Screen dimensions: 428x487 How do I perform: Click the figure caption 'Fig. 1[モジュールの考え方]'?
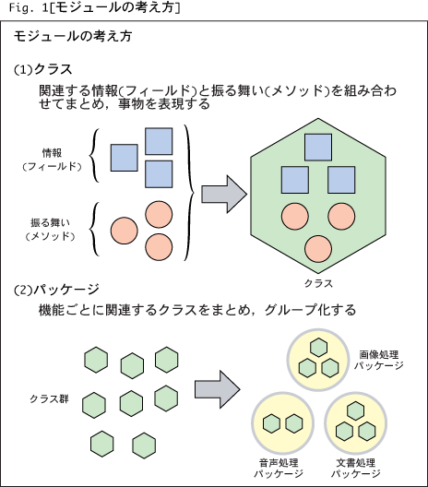pos(94,7)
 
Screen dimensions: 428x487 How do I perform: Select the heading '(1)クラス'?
pos(43,69)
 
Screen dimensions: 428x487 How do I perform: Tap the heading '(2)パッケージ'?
pos(56,290)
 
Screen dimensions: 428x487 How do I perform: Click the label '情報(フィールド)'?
pos(52,160)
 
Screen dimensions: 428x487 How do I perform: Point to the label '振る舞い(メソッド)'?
pos(51,230)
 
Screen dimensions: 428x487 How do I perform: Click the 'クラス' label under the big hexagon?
pos(318,283)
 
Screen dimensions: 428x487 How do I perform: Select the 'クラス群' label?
pos(49,398)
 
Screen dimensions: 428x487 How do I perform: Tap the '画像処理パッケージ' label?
pos(378,360)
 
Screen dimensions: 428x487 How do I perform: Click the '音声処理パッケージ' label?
pos(279,468)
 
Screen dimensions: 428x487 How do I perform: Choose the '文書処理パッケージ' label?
pos(356,468)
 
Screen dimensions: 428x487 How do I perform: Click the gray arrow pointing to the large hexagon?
pos(224,194)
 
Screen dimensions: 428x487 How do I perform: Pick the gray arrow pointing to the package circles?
pos(218,389)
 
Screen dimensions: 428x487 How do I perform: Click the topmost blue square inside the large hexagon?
pos(318,148)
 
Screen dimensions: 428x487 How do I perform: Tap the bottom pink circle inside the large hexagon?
pos(318,249)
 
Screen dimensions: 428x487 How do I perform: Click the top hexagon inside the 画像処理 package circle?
pos(318,348)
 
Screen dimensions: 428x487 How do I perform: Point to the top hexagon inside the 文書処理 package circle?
pos(356,410)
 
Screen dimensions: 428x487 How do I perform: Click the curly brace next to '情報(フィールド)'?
pos(94,155)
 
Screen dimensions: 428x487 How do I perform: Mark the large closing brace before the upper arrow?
pos(189,193)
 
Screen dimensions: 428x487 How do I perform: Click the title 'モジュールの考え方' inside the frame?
pos(73,36)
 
